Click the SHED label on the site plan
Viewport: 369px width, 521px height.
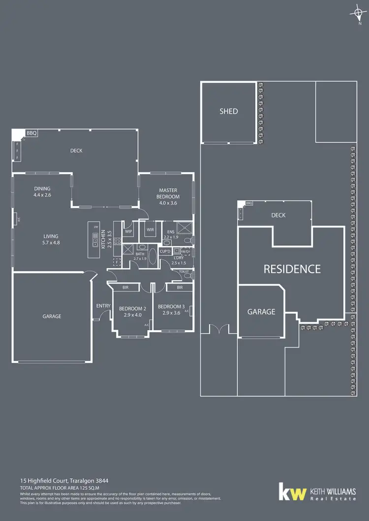(228, 111)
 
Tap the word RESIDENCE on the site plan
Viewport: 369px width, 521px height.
(292, 269)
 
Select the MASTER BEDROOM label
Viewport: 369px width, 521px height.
(168, 193)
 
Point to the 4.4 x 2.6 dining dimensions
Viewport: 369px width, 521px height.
(42, 195)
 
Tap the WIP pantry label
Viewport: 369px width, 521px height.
(128, 231)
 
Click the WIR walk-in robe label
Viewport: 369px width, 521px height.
(150, 229)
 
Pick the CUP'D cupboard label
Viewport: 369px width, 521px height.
(165, 251)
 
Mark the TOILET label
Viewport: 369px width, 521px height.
(184, 271)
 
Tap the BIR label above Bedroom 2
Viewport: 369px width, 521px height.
(125, 287)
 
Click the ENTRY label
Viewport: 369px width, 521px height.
(103, 306)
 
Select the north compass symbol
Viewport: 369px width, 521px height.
(356, 14)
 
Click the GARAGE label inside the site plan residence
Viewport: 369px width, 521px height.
(261, 312)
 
